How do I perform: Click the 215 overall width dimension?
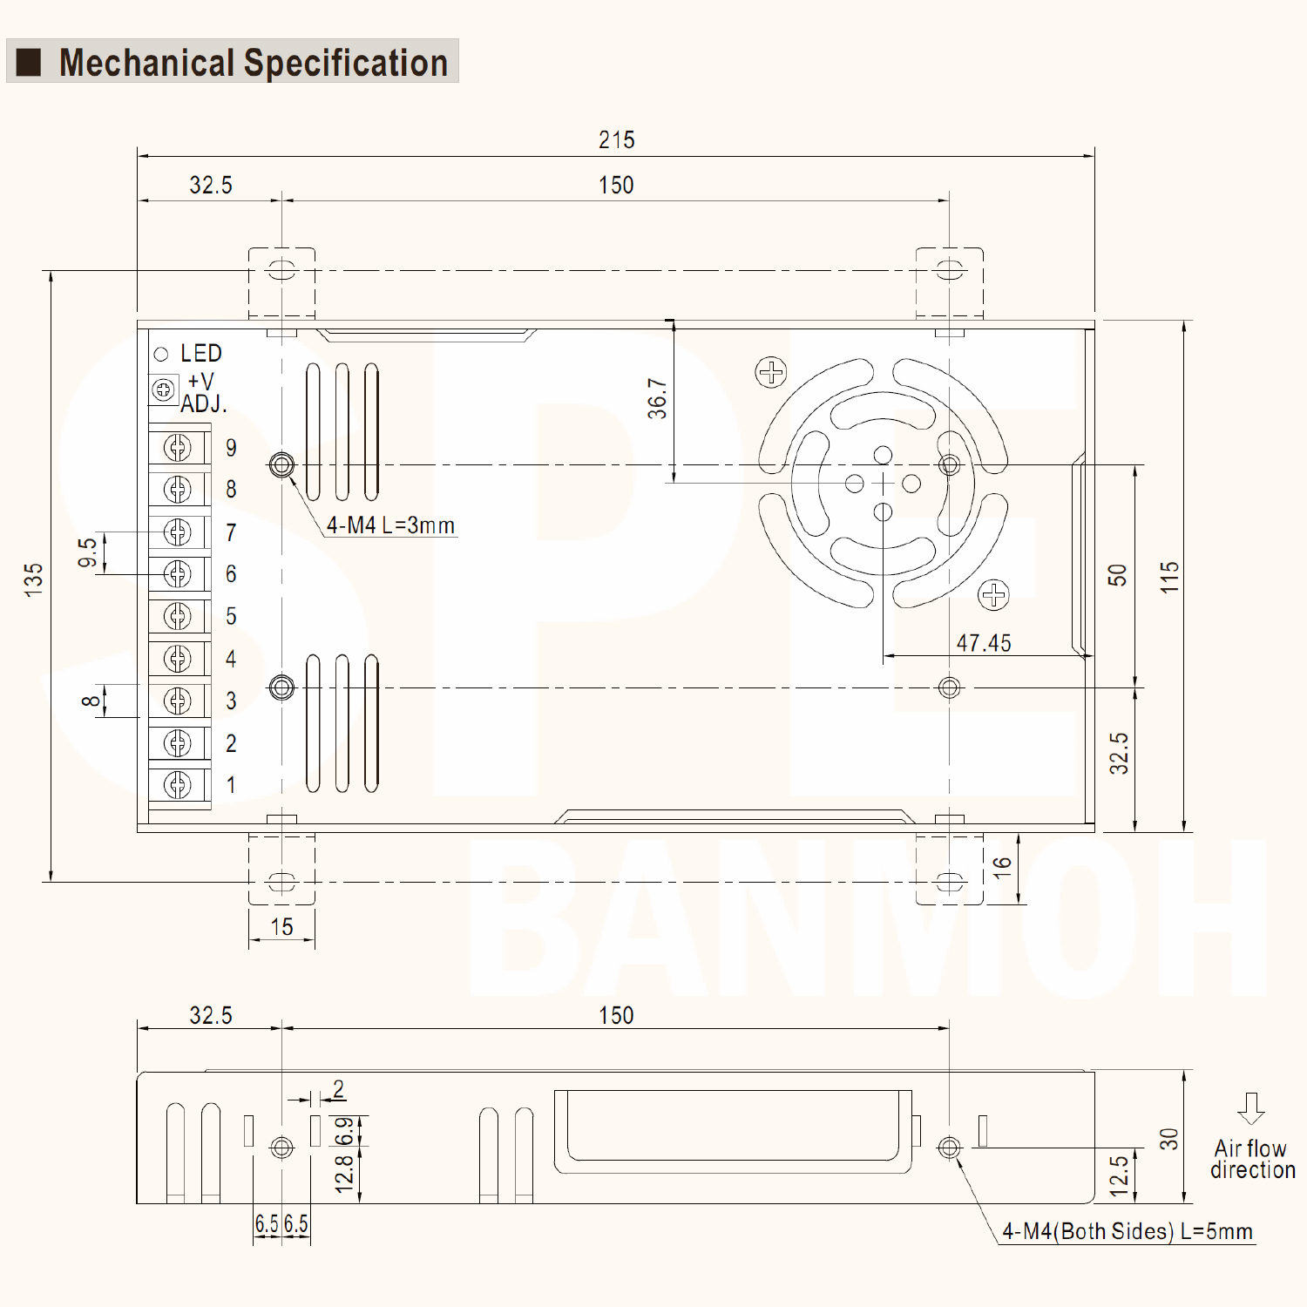click(x=616, y=140)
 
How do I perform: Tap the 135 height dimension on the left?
click(x=33, y=579)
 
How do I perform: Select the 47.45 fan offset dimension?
click(x=984, y=643)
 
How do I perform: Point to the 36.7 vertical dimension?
click(x=657, y=398)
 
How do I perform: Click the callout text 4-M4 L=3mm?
click(x=390, y=525)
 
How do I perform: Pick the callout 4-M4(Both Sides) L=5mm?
click(x=1128, y=1231)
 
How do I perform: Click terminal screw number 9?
click(x=178, y=448)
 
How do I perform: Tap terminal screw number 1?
click(x=178, y=785)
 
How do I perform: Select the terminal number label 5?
click(x=231, y=616)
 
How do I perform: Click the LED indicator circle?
click(x=161, y=354)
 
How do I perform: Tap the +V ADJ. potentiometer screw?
click(x=164, y=389)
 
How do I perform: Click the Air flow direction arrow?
click(x=1251, y=1107)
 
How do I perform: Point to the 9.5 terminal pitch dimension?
click(x=87, y=552)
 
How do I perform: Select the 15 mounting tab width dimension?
click(x=281, y=927)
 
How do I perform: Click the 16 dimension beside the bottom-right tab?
click(x=1002, y=865)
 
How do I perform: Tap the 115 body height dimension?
click(x=1169, y=577)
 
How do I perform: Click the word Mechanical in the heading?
click(x=146, y=63)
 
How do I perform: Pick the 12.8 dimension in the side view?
click(x=344, y=1174)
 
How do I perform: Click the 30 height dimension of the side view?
click(x=1168, y=1138)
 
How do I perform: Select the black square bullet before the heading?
click(x=30, y=63)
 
